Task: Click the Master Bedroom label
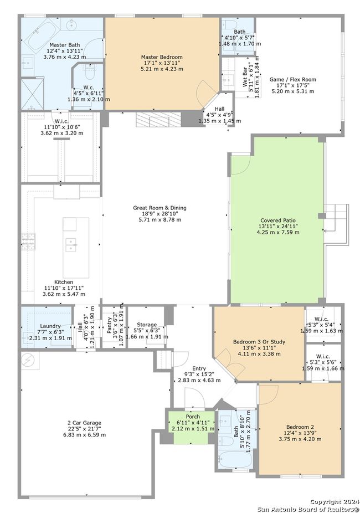(x=162, y=57)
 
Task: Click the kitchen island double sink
(x=71, y=245)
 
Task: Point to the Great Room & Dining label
(x=160, y=208)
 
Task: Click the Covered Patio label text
(x=278, y=220)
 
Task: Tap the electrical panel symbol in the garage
(x=28, y=360)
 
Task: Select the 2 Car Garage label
(x=84, y=423)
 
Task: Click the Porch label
(x=193, y=417)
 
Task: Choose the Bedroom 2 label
(x=300, y=427)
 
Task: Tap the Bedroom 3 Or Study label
(x=259, y=342)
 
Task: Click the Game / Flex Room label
(x=292, y=79)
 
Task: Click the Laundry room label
(x=50, y=326)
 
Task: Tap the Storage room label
(x=147, y=325)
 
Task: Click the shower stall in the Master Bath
(x=32, y=94)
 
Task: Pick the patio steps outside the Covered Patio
(x=337, y=224)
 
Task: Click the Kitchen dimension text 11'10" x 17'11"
(x=64, y=288)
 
